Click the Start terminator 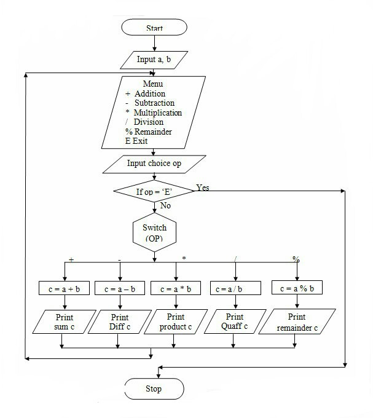[154, 28]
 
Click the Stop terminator [154, 389]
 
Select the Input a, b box [154, 60]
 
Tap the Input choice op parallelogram [154, 164]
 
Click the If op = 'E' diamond [154, 192]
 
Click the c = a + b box [64, 288]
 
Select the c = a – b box [119, 288]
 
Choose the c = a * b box [176, 288]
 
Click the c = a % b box [297, 288]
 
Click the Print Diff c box [119, 322]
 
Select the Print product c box [176, 322]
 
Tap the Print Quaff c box [234, 321]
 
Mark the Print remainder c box [297, 322]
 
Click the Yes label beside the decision [202, 187]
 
